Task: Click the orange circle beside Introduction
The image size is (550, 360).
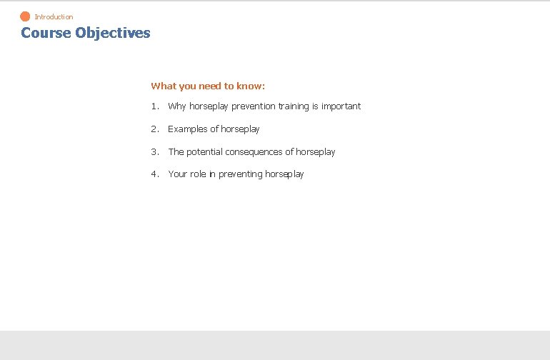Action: pos(25,16)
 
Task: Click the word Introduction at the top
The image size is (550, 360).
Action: pos(54,17)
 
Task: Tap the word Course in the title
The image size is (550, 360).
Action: pos(46,33)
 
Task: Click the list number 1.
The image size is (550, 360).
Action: pos(154,106)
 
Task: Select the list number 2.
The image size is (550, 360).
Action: pos(154,129)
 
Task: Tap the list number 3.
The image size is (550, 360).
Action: pos(154,152)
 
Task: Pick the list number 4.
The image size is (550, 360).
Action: pos(154,174)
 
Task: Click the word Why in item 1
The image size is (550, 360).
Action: pos(177,106)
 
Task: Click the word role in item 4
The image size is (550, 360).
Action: pos(198,174)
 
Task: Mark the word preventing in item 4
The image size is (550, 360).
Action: pos(240,174)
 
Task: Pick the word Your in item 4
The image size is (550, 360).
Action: pos(177,174)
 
